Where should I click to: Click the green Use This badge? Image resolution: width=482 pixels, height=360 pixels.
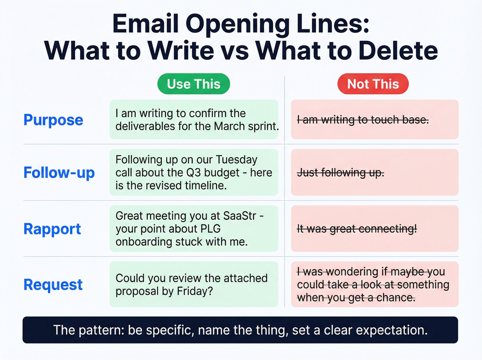tap(193, 84)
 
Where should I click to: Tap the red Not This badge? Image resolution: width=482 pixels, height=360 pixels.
tap(373, 84)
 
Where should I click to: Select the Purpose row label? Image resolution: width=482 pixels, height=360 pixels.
tap(53, 120)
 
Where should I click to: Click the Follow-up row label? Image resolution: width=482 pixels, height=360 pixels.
tap(59, 173)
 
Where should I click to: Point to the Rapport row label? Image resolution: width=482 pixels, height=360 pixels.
tap(52, 229)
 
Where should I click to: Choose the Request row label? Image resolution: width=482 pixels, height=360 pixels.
tap(53, 285)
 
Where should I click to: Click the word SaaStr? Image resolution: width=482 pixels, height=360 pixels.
tap(240, 216)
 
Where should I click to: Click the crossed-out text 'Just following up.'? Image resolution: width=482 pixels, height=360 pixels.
tap(340, 172)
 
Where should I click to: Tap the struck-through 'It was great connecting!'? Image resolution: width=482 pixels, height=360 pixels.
tap(357, 229)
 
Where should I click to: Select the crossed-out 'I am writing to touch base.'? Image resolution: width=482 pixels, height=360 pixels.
tap(363, 120)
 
